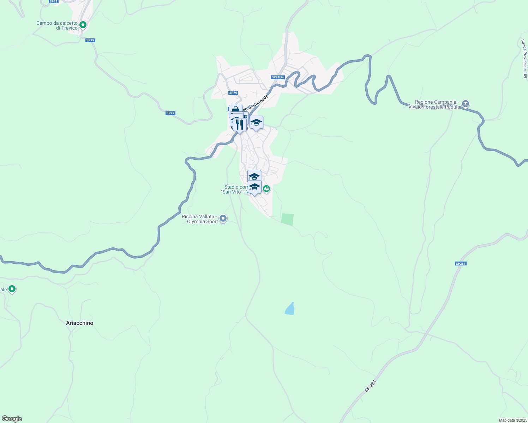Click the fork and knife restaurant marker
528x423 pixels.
[x=240, y=124]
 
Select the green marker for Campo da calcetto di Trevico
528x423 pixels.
[x=83, y=25]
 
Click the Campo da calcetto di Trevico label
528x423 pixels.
[x=57, y=26]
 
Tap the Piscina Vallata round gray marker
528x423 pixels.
[x=223, y=219]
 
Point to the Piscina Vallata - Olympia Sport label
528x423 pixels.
[x=199, y=219]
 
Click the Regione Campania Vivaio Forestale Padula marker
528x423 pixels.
[x=466, y=104]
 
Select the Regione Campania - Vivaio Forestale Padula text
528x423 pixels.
[x=434, y=105]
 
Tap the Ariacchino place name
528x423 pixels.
[x=80, y=323]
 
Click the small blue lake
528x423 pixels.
[x=290, y=309]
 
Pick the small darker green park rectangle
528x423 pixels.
[x=287, y=219]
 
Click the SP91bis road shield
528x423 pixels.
[x=278, y=77]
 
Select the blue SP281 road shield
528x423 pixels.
[x=461, y=264]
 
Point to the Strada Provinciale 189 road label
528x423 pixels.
[x=524, y=59]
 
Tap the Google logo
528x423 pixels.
[x=12, y=419]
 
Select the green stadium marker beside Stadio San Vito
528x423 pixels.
[x=266, y=189]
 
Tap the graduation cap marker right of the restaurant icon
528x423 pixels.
[x=256, y=122]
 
